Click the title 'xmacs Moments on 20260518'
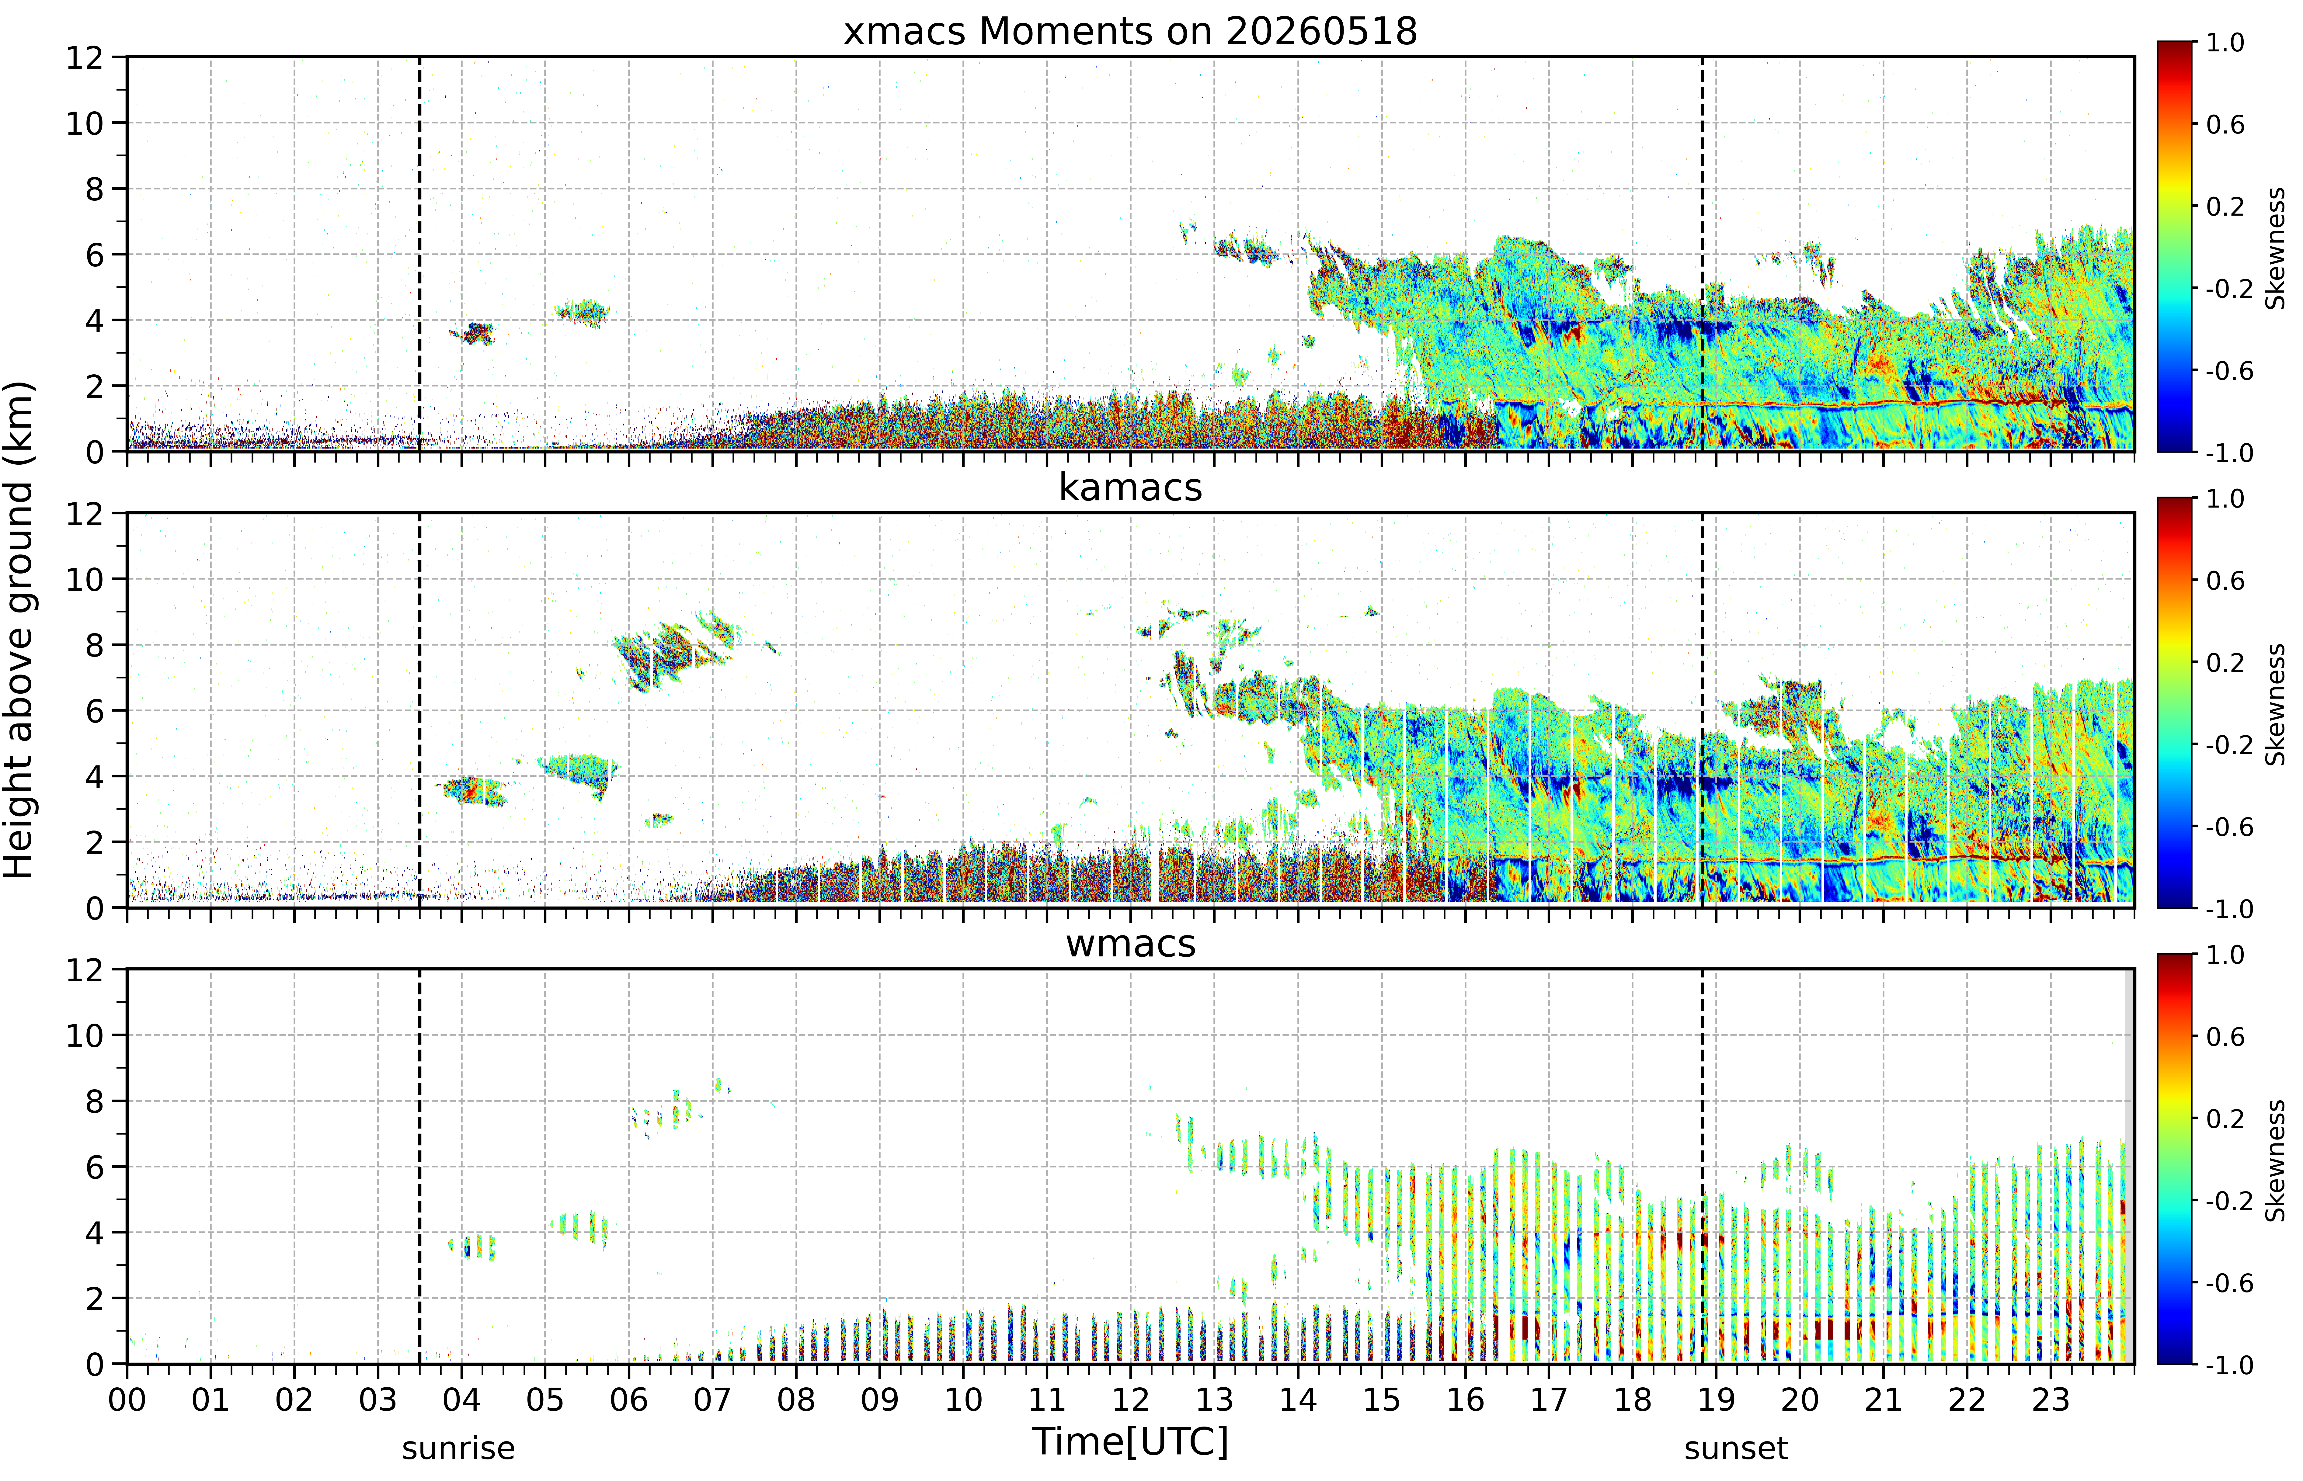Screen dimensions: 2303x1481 1130,32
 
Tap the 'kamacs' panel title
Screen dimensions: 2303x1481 1130,487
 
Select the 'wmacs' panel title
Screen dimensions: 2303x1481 1130,943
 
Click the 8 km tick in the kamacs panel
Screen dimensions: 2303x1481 94,645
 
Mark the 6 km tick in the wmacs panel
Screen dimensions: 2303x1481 94,1167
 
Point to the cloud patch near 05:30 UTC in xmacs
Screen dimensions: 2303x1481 582,313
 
